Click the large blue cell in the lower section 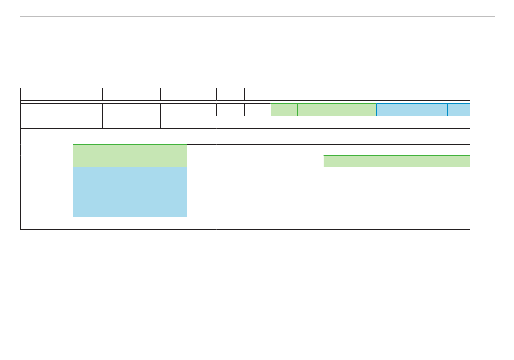[130, 192]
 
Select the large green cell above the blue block [130, 155]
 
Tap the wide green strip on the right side [397, 161]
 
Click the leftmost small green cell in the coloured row [284, 109]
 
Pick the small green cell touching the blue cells [363, 109]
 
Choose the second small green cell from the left [311, 109]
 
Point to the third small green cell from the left [337, 109]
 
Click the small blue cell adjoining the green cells [390, 109]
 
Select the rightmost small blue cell [459, 109]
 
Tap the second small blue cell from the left [414, 109]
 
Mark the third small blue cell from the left [437, 109]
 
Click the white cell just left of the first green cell [258, 109]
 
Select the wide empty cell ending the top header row [357, 94]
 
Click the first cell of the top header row [47, 94]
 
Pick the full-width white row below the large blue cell [271, 223]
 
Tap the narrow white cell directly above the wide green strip [397, 150]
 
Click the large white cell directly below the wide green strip [397, 192]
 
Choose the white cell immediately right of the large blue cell [255, 192]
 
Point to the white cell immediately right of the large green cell [255, 155]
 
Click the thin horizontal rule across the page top [257, 16]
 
